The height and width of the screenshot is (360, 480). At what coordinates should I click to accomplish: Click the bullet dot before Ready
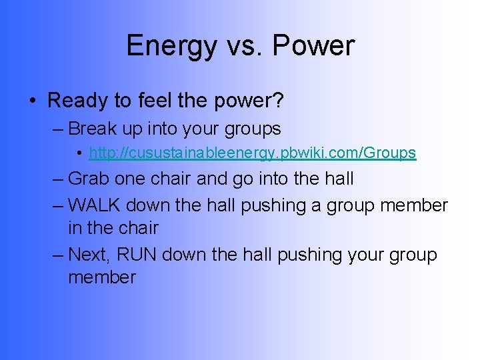[33, 101]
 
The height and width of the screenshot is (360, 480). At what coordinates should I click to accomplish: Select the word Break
[93, 128]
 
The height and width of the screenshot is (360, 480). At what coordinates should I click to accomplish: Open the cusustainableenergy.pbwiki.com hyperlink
[252, 153]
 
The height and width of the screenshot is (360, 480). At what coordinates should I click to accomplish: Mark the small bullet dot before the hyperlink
[79, 153]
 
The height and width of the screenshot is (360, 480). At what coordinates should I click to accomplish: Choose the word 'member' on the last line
[101, 277]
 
